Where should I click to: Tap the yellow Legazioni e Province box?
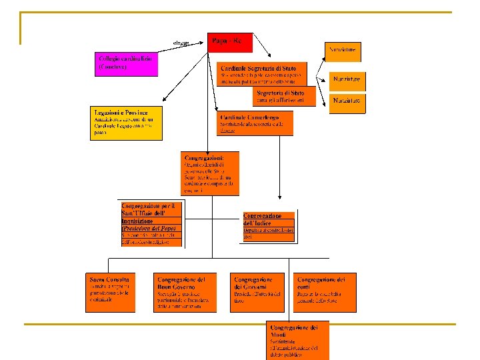126,123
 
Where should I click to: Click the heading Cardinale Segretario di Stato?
262,67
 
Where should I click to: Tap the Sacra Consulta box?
111,292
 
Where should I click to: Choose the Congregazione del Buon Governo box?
185,292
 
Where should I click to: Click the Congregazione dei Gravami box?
257,292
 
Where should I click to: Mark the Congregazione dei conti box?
325,292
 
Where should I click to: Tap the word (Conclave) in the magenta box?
113,67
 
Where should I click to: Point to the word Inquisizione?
137,221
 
